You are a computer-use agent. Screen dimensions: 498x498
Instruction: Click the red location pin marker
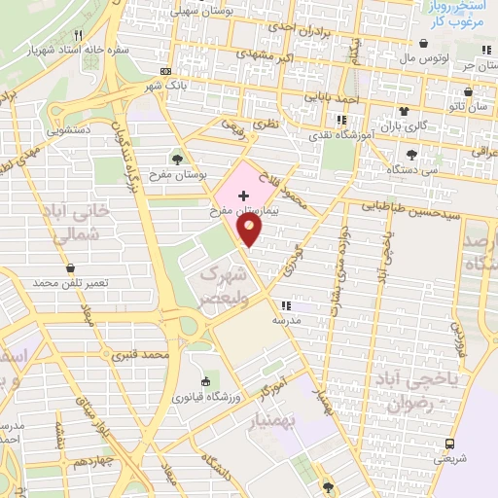[x=250, y=230]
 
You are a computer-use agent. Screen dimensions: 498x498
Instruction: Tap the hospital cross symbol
[x=243, y=196]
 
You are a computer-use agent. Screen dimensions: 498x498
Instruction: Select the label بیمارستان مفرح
[x=244, y=210]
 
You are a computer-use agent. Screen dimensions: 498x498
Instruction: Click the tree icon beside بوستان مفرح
[x=176, y=159]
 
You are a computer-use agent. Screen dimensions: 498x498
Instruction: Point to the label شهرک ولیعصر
[x=219, y=286]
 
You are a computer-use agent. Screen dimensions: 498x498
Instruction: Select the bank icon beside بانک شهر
[x=165, y=71]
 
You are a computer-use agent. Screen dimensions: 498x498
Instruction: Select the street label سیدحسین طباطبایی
[x=402, y=206]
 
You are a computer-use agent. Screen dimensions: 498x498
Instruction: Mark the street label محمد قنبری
[x=141, y=356]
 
